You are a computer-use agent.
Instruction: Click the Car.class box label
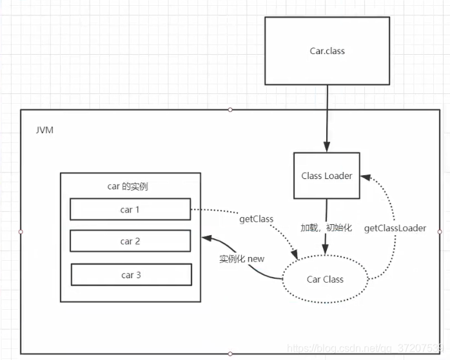(327, 51)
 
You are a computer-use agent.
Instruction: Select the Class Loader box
(327, 175)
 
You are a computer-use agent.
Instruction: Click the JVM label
(44, 130)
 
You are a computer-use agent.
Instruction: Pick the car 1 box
(130, 209)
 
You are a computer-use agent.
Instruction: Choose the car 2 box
(130, 241)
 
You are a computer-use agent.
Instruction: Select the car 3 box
(131, 275)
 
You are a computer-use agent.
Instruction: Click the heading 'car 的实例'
(128, 186)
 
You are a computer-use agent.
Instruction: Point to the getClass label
(257, 219)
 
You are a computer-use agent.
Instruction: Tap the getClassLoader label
(395, 229)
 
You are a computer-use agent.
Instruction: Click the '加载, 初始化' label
(326, 228)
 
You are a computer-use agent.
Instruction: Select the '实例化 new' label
(242, 259)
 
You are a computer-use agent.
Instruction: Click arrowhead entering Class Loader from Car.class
(327, 146)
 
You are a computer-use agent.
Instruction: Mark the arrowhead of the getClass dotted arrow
(295, 255)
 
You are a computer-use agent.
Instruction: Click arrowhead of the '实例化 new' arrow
(207, 238)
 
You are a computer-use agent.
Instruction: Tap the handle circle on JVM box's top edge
(230, 109)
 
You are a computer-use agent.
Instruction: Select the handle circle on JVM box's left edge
(21, 232)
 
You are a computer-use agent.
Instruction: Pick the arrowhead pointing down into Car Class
(325, 249)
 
